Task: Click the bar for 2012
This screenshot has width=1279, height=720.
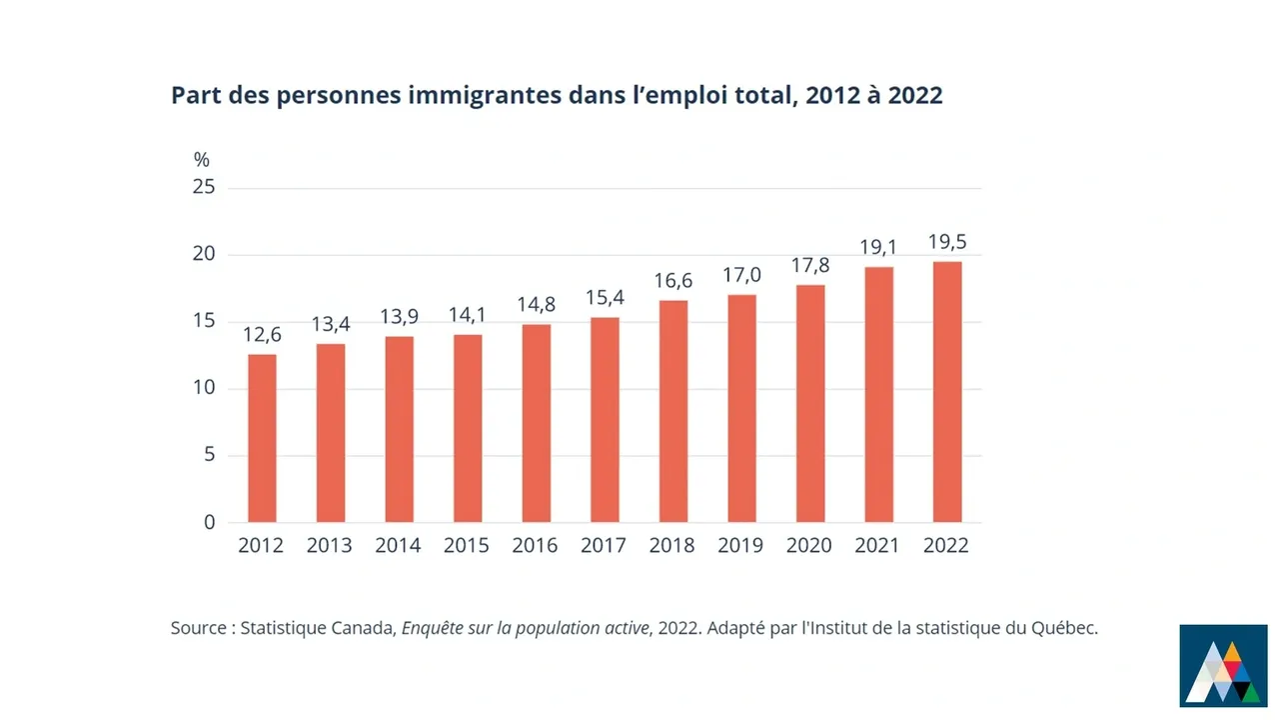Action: (x=262, y=438)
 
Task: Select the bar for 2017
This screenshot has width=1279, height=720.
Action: (x=605, y=420)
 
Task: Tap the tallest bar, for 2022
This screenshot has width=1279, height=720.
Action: (x=947, y=392)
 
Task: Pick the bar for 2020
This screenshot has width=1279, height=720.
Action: (x=810, y=404)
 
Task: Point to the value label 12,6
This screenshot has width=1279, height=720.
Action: (x=262, y=335)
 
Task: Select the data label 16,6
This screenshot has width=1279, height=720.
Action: (x=672, y=281)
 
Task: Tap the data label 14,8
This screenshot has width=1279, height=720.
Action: (x=536, y=305)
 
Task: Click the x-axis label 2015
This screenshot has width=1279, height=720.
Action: (x=467, y=546)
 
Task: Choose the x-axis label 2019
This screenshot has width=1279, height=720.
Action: (x=740, y=546)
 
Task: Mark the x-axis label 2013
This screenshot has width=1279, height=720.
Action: (x=330, y=546)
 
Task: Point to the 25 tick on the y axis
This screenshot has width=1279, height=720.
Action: (x=204, y=188)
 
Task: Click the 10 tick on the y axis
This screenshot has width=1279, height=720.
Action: (x=204, y=388)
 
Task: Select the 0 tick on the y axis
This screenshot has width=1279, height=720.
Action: (x=209, y=522)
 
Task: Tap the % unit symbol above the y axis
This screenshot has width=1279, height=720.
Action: (x=202, y=160)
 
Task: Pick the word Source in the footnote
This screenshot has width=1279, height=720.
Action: (x=199, y=629)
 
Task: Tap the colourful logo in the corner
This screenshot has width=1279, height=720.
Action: (x=1223, y=665)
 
